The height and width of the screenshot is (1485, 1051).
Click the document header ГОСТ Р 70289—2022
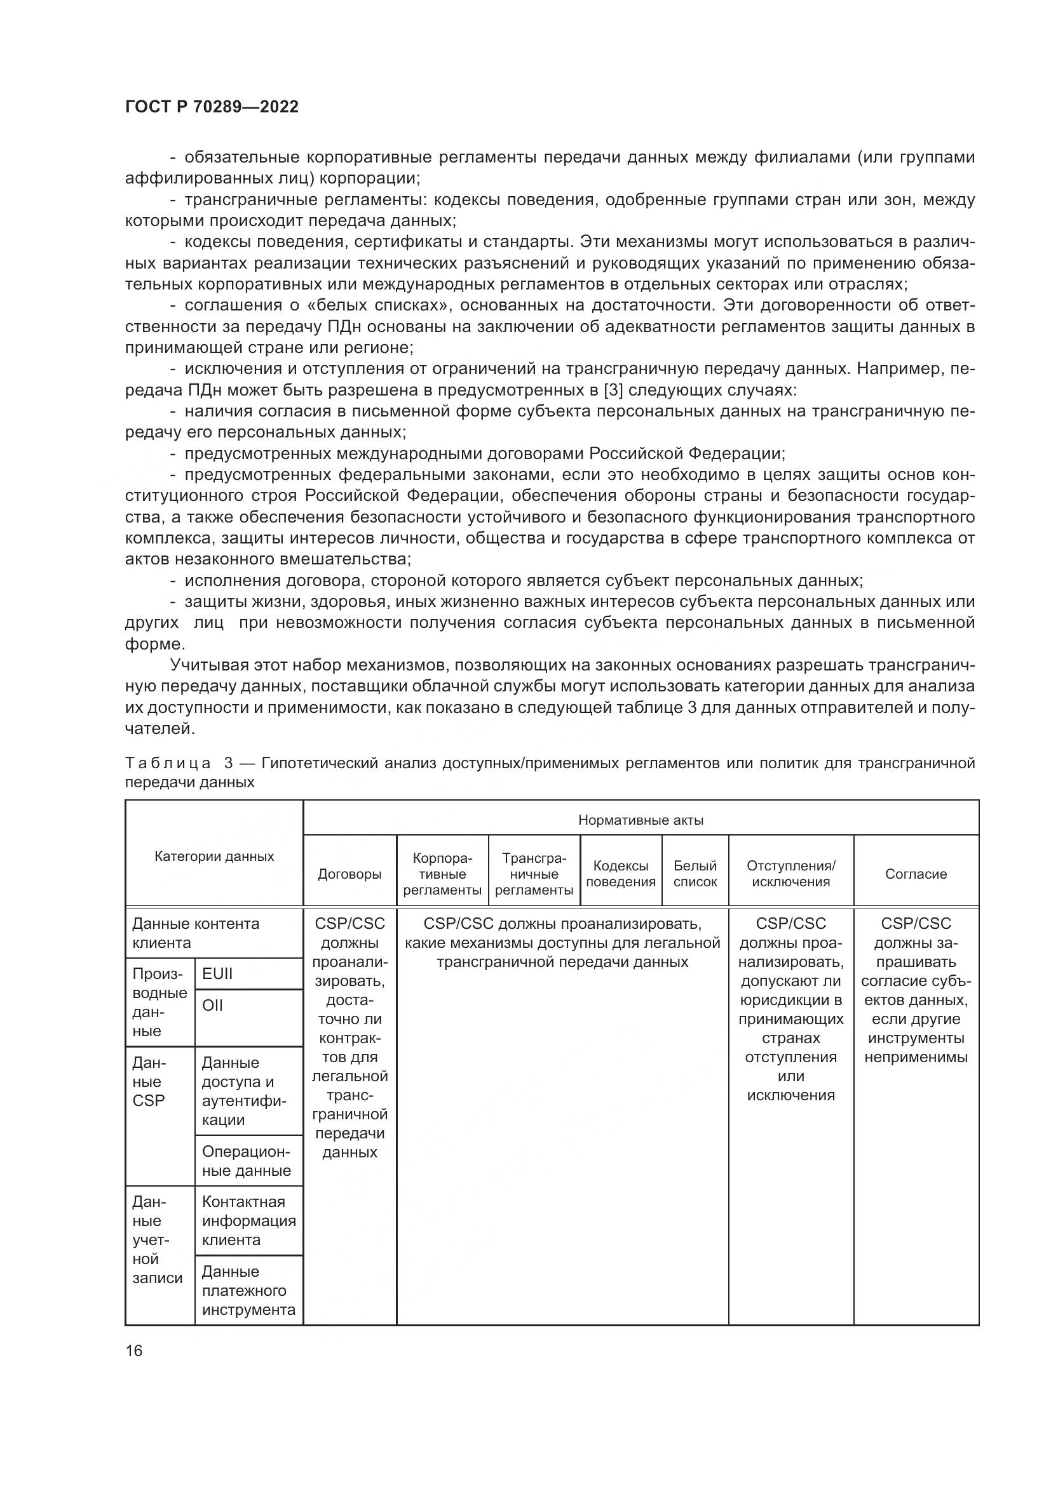(212, 107)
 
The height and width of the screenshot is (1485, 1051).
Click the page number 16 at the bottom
(134, 1350)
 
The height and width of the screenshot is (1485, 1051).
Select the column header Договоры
(349, 874)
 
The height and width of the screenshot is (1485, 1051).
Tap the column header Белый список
(695, 874)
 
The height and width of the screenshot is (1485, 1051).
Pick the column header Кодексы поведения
(621, 874)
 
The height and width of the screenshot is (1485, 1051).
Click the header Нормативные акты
(641, 820)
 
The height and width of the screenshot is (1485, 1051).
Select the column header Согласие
(916, 874)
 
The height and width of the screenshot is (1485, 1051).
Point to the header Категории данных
(214, 856)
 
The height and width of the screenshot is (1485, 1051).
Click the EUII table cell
(217, 974)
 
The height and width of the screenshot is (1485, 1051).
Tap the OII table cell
(212, 1005)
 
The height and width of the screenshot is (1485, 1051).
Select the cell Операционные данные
(247, 1162)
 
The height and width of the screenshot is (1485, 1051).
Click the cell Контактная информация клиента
(248, 1220)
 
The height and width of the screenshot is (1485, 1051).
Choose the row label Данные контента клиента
(196, 933)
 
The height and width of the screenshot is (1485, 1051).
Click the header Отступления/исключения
(791, 874)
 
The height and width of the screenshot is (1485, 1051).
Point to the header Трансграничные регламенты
(534, 874)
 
